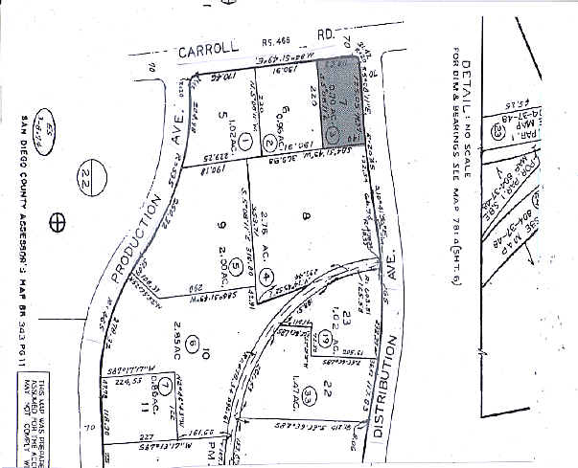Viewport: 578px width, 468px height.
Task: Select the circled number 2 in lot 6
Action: pos(270,145)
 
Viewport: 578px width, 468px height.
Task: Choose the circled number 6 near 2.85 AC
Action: pos(193,343)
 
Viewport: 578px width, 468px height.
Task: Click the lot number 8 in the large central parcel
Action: pos(308,218)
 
